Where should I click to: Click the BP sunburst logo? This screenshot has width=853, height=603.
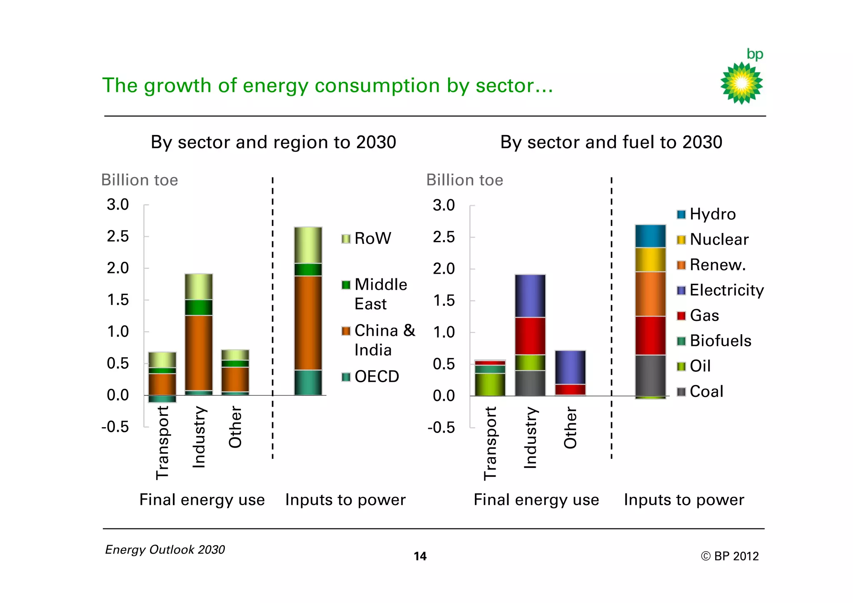coord(741,83)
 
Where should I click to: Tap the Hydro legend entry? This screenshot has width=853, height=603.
coord(706,214)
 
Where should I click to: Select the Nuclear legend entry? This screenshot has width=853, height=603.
coord(713,240)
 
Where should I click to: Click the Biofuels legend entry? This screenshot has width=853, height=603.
coord(714,341)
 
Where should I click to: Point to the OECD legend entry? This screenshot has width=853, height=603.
coord(370,377)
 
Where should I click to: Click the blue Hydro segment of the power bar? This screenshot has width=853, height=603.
coord(650,236)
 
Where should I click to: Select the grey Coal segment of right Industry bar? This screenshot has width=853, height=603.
coord(530,383)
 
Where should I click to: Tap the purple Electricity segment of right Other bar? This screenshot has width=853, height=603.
coord(570,367)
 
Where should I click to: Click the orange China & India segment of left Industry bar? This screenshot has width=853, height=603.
coord(199,353)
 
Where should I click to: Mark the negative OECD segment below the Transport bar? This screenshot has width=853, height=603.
coord(162,399)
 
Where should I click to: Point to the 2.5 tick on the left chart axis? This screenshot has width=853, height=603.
coord(118,237)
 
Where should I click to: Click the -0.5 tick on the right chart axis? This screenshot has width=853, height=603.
coord(441,428)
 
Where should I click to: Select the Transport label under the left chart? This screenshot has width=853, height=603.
coord(162,443)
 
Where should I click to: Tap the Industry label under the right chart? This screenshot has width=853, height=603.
coord(530,438)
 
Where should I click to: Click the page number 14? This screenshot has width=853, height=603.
coord(420,556)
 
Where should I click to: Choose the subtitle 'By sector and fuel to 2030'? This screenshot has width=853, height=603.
coord(611,143)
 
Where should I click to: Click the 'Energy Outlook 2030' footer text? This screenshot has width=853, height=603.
coord(165,550)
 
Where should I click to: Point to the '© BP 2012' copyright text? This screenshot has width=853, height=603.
coord(729,556)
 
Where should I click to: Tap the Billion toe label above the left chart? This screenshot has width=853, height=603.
coord(140,180)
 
